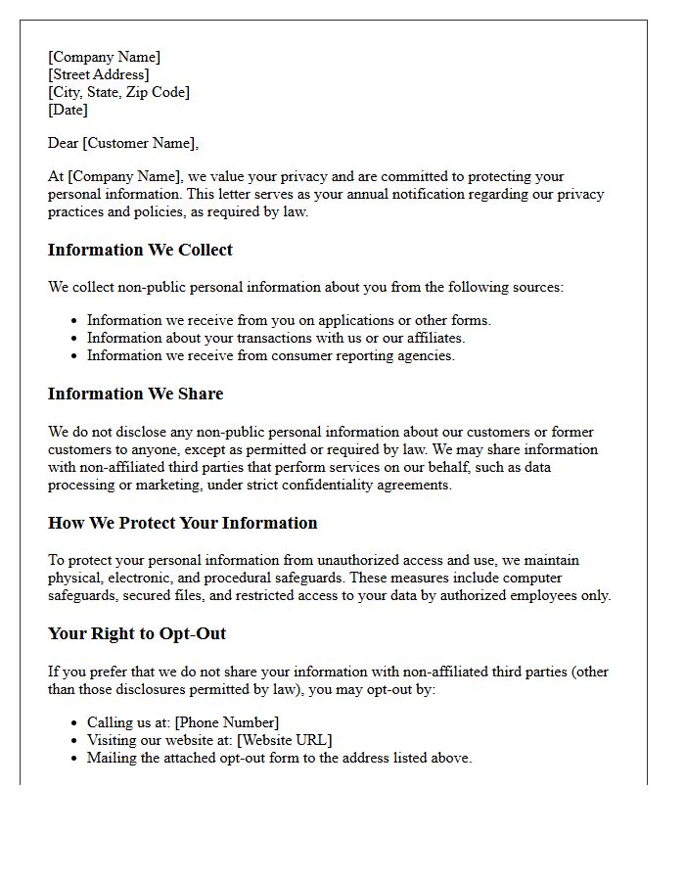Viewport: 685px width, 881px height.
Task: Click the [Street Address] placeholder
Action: click(x=99, y=74)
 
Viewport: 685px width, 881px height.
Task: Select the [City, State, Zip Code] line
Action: click(x=118, y=92)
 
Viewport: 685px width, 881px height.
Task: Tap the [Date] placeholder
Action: click(x=68, y=110)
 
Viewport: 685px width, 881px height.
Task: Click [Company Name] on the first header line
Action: click(x=104, y=57)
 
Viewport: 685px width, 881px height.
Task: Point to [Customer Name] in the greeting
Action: click(x=140, y=143)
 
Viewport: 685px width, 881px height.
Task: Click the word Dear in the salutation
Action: click(x=64, y=143)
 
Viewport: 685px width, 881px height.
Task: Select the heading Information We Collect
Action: click(x=140, y=250)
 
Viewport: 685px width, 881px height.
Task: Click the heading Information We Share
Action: click(x=135, y=394)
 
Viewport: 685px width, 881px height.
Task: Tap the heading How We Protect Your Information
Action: click(x=182, y=523)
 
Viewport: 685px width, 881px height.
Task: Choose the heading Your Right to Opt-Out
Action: click(x=137, y=633)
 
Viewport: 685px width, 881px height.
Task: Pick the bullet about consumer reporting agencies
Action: click(x=271, y=355)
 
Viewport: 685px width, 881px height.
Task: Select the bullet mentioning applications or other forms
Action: click(x=289, y=320)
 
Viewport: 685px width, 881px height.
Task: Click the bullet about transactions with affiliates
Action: click(x=276, y=338)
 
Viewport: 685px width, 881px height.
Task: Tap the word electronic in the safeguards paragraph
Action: click(x=139, y=578)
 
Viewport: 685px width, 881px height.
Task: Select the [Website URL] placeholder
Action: click(x=285, y=740)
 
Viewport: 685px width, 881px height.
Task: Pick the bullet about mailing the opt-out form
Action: click(x=279, y=758)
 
